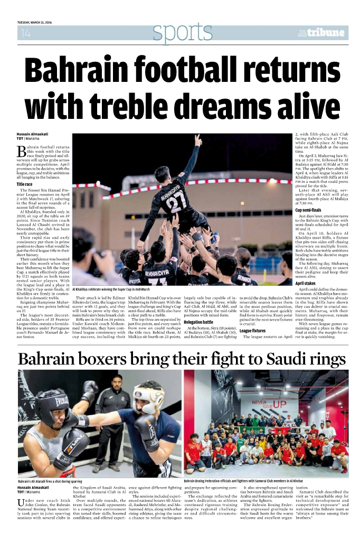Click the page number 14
pyautogui.click(x=24, y=34)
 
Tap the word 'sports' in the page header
pyautogui.click(x=175, y=33)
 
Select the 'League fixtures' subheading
pyautogui.click(x=253, y=330)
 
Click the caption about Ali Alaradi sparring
pyautogui.click(x=50, y=482)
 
